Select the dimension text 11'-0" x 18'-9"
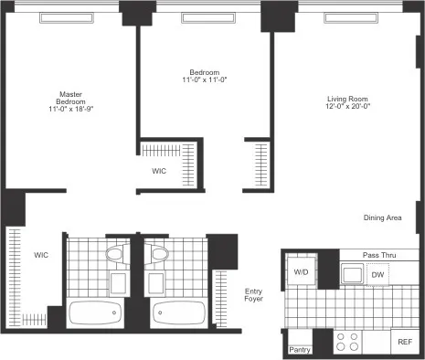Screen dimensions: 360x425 pos(71,110)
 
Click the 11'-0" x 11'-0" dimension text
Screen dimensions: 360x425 pos(203,80)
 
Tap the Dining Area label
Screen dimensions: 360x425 pos(383,217)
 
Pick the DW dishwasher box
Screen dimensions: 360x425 pos(377,274)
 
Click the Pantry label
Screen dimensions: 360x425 pos(299,349)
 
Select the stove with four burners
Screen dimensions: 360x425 pos(347,341)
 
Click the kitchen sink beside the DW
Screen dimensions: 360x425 pos(351,273)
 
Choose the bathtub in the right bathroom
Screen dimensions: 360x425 pos(177,313)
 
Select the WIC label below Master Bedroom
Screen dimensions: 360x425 pos(41,255)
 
